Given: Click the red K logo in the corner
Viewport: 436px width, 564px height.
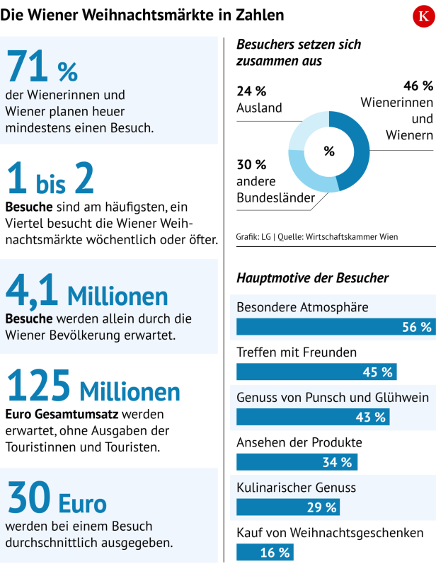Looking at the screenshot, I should pyautogui.click(x=423, y=16).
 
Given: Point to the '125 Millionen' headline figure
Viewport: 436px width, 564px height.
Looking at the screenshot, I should pyautogui.click(x=93, y=389).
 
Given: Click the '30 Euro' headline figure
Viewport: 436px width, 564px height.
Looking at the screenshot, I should pyautogui.click(x=57, y=499).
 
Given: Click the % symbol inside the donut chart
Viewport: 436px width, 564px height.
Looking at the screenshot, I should pyautogui.click(x=328, y=151).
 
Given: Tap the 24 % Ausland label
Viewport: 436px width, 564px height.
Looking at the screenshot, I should pyautogui.click(x=259, y=99).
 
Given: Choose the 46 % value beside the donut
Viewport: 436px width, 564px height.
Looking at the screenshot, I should pyautogui.click(x=418, y=86).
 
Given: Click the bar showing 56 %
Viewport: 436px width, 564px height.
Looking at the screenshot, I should pyautogui.click(x=335, y=327).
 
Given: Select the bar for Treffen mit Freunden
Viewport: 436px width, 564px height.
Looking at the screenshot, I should pyautogui.click(x=316, y=372).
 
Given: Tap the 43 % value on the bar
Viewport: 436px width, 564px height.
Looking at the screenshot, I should pyautogui.click(x=372, y=417).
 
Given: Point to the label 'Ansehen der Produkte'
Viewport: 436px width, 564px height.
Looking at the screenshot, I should pyautogui.click(x=299, y=442).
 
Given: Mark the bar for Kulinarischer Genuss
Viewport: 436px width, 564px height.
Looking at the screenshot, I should pyautogui.click(x=287, y=507).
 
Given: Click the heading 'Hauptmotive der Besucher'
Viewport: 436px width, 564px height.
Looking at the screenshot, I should pyautogui.click(x=312, y=278).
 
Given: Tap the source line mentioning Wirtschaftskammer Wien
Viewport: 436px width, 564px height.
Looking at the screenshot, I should pyautogui.click(x=317, y=236).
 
